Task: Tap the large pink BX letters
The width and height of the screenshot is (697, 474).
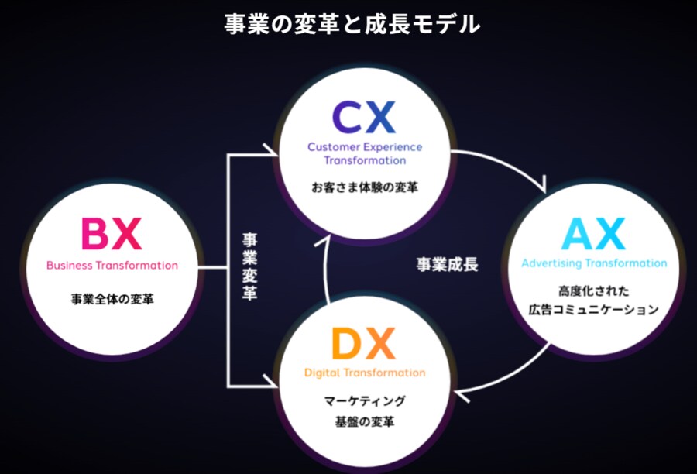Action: tap(112, 234)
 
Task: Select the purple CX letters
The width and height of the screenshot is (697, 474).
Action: tap(364, 117)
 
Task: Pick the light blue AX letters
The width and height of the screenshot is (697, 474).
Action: tap(594, 234)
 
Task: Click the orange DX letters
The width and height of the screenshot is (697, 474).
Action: tap(364, 344)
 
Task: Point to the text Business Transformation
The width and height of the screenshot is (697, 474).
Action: tap(112, 265)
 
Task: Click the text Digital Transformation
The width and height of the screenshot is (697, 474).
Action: tap(365, 373)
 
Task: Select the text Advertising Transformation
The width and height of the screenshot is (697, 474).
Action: tap(594, 263)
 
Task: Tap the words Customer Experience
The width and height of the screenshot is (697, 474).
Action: tap(365, 146)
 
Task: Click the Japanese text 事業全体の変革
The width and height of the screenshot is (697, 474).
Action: tap(112, 298)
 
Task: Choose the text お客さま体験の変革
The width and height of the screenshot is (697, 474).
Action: tap(365, 187)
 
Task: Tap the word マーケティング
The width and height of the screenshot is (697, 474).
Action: tap(365, 401)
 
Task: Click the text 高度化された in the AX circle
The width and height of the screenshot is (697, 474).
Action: tap(594, 291)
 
